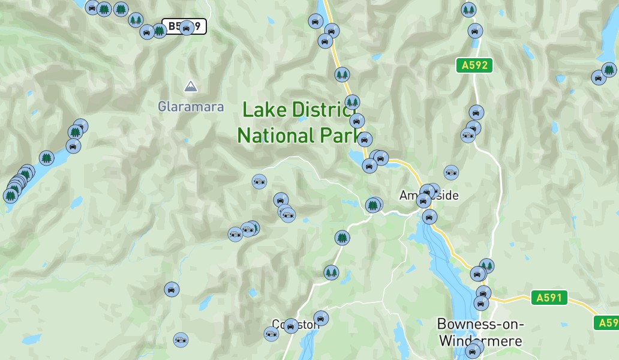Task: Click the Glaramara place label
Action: pyautogui.click(x=191, y=107)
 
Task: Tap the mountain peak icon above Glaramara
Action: pyautogui.click(x=191, y=86)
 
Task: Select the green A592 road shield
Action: pyautogui.click(x=474, y=65)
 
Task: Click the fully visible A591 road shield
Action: pyautogui.click(x=549, y=298)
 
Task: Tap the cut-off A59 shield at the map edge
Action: pyautogui.click(x=607, y=323)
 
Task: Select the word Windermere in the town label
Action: pyautogui.click(x=481, y=341)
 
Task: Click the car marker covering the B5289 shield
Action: pyautogui.click(x=187, y=27)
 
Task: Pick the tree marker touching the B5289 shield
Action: pyautogui.click(x=159, y=31)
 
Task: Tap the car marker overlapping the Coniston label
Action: pyautogui.click(x=291, y=326)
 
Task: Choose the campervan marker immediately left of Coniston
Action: pyautogui.click(x=271, y=334)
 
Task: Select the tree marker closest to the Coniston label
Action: pyautogui.click(x=331, y=273)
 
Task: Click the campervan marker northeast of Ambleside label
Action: pyautogui.click(x=451, y=173)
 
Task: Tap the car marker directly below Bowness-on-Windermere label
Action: pyautogui.click(x=473, y=351)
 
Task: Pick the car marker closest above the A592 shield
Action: pyautogui.click(x=475, y=31)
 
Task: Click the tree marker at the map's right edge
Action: pyautogui.click(x=609, y=70)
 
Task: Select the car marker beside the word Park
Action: pyautogui.click(x=365, y=140)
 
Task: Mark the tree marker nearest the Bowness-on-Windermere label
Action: pyautogui.click(x=486, y=266)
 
